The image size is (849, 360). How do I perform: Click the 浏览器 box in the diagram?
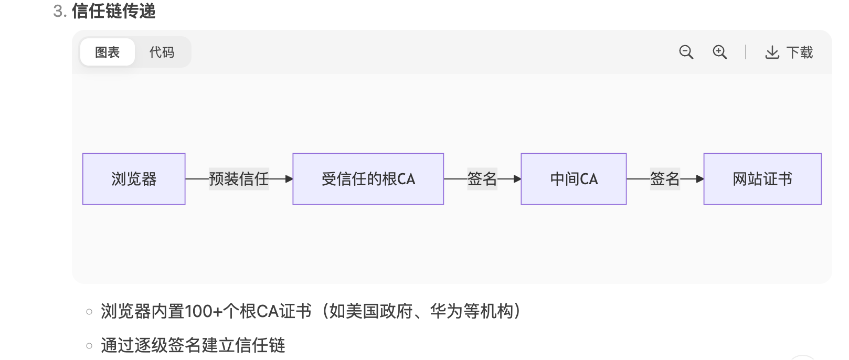[x=134, y=179]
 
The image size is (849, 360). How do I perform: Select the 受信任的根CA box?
[x=368, y=179]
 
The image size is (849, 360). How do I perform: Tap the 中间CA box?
[x=574, y=179]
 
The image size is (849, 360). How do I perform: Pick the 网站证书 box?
[x=762, y=179]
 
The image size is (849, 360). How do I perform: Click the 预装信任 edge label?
[x=239, y=179]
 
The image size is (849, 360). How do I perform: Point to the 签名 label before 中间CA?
[x=482, y=179]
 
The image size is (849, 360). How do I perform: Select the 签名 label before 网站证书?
[x=664, y=179]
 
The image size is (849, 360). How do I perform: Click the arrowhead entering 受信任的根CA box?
[x=289, y=179]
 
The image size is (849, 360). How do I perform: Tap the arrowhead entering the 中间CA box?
[x=517, y=179]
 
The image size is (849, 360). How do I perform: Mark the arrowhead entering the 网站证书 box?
[x=699, y=179]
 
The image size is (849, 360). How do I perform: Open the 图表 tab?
[x=108, y=52]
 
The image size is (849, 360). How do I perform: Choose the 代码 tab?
[x=162, y=52]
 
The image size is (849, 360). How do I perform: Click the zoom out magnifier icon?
[x=686, y=52]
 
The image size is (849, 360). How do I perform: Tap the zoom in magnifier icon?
[x=719, y=52]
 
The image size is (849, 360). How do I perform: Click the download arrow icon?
[x=772, y=52]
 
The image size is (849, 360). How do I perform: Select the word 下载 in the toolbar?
[x=800, y=52]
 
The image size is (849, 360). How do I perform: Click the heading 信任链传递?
[x=113, y=11]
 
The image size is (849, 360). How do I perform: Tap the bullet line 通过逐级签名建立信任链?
[x=193, y=345]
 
